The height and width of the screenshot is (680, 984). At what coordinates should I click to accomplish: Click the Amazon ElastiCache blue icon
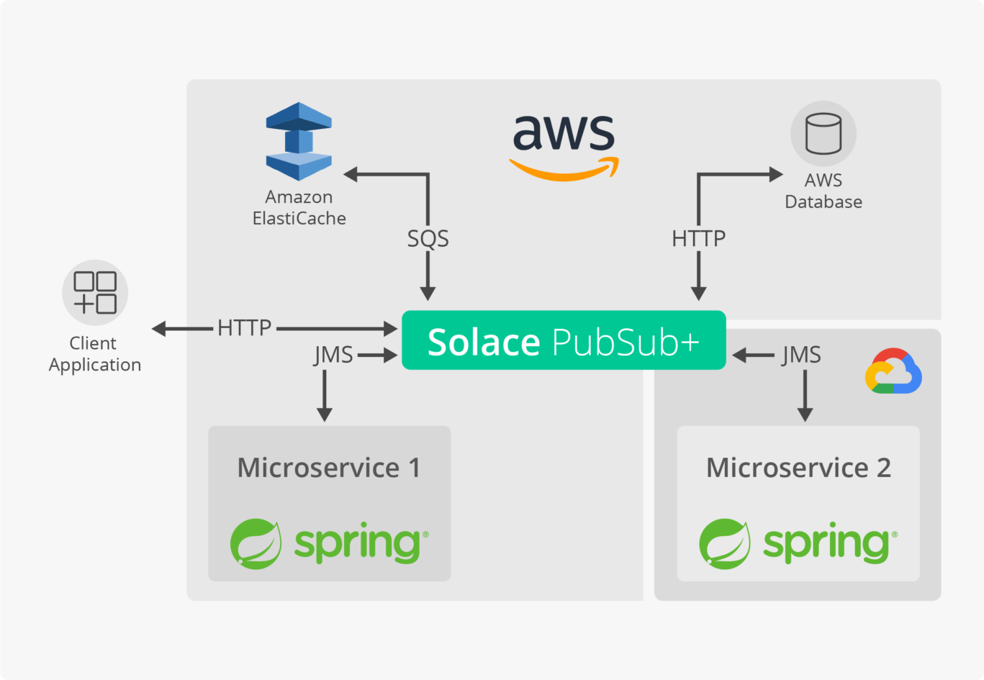point(299,142)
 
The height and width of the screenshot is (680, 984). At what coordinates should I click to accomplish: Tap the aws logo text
point(564,133)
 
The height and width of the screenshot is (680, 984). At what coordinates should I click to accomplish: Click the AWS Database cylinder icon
point(823,134)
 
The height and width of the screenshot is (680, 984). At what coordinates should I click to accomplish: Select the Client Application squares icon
point(95,292)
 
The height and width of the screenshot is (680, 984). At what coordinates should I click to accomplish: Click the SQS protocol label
point(428,238)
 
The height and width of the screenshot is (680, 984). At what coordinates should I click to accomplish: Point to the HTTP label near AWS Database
point(698,238)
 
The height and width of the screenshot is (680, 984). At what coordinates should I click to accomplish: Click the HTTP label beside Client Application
point(245,328)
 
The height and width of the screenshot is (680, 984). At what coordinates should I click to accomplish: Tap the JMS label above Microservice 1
point(333,355)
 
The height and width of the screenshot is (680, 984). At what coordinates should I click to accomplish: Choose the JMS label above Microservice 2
point(801,355)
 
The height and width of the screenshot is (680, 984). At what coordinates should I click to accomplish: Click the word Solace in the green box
point(484,342)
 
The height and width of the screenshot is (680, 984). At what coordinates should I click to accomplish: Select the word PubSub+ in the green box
point(626,342)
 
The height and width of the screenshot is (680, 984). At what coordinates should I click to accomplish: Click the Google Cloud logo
point(893,372)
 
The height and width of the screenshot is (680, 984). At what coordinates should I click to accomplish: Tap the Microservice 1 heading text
point(329,468)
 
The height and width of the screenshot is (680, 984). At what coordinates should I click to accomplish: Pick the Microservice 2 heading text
point(798,468)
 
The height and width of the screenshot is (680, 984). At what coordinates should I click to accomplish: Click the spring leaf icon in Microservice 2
point(725,543)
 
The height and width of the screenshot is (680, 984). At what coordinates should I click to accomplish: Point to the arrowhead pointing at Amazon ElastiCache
point(351,174)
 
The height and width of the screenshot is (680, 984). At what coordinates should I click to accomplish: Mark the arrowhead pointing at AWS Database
point(776,174)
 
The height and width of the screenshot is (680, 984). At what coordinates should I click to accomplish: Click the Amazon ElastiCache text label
point(299,207)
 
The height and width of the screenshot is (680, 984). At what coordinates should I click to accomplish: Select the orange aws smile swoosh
point(564,170)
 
